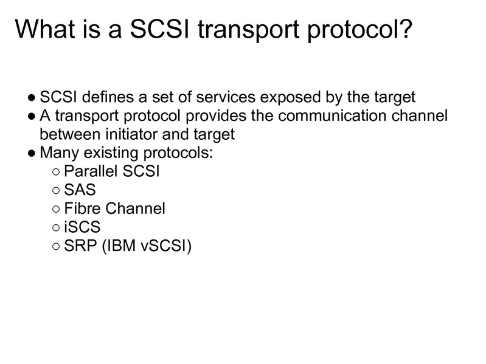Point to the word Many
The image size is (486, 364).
click(56, 153)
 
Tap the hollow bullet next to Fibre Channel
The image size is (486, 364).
click(56, 209)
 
